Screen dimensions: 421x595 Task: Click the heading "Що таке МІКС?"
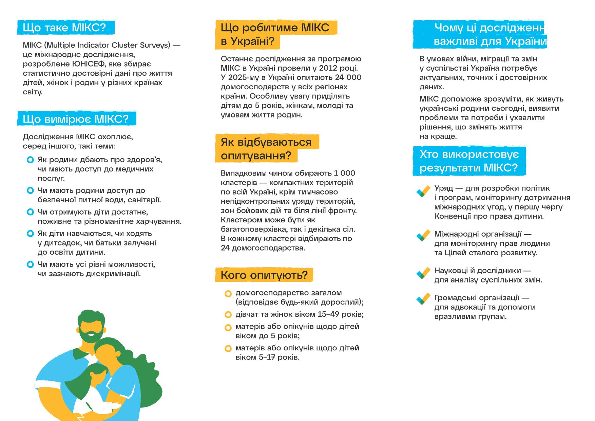[64, 28]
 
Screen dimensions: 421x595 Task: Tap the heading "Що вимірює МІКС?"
[76, 119]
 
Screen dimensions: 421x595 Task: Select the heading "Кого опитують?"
[264, 275]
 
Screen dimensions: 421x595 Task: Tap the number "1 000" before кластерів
[344, 173]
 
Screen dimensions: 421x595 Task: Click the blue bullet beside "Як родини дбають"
[30, 160]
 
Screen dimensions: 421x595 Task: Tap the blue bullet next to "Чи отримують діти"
[30, 212]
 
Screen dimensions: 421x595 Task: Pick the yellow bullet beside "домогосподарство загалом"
[228, 294]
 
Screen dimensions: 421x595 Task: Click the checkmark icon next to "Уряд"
[423, 191]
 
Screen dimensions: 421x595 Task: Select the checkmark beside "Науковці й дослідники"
[423, 273]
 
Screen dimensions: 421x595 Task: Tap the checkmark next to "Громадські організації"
[423, 299]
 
